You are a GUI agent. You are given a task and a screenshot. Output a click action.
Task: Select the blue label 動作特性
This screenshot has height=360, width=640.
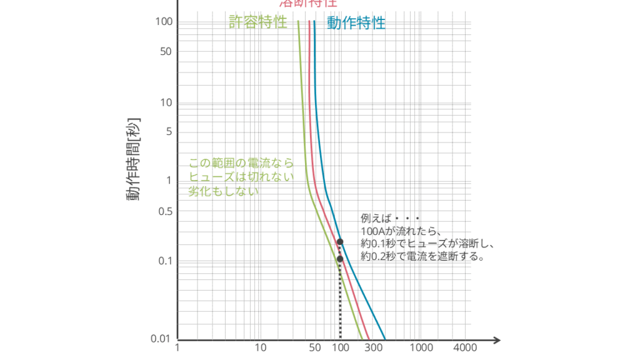click(356, 23)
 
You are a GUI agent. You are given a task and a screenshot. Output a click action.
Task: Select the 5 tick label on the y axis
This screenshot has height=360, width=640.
click(168, 132)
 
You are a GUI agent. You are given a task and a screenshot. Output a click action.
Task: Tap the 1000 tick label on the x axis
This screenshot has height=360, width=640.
click(421, 348)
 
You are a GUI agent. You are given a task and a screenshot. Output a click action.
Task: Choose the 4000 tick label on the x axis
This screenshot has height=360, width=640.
click(466, 348)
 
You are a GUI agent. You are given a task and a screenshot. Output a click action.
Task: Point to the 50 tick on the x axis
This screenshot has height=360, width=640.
click(315, 348)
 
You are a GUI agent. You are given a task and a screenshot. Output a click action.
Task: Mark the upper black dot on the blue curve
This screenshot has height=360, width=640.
click(340, 241)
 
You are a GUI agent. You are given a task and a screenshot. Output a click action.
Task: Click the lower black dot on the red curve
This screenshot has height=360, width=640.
click(340, 259)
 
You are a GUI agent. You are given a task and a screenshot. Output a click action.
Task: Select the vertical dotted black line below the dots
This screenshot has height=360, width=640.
click(340, 300)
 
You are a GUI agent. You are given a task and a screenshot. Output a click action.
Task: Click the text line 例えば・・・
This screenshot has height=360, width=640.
click(391, 219)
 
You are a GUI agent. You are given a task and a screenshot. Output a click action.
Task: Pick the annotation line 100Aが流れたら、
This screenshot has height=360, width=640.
click(401, 231)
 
